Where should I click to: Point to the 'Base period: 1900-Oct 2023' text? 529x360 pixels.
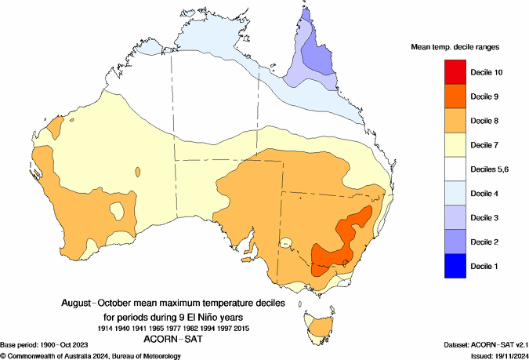pos(51,346)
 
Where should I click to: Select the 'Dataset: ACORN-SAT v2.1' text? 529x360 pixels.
pos(479,346)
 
